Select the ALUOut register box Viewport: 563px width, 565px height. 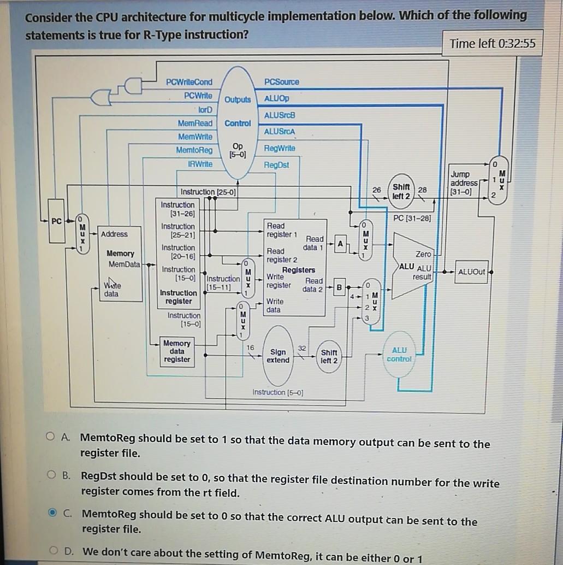471,272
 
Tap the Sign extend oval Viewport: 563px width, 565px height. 278,356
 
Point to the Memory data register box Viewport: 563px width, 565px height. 176,351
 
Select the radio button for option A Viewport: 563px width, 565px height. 51,437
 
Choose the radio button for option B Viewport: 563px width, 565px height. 51,475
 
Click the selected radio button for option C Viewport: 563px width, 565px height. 51,513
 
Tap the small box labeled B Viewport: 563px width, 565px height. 339,286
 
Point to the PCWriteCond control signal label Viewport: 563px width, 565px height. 189,82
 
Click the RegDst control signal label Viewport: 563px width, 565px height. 276,164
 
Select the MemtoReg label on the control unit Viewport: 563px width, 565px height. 194,150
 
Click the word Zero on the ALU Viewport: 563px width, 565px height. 423,255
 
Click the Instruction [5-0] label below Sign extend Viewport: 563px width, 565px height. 277,392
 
